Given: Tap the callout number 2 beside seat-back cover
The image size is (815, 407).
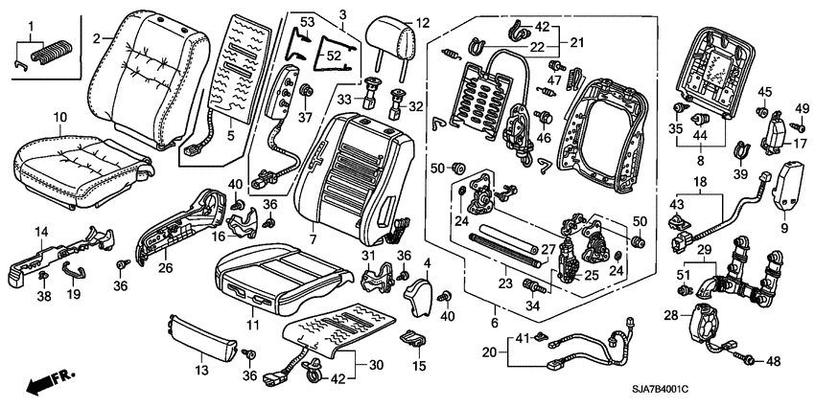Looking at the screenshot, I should click(97, 37).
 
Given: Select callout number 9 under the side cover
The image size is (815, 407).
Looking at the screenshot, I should click(785, 230).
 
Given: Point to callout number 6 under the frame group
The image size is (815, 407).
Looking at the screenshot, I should click(495, 308).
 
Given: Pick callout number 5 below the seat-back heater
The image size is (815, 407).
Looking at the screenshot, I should click(230, 136).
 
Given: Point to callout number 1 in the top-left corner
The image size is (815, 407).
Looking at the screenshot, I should click(30, 22).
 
